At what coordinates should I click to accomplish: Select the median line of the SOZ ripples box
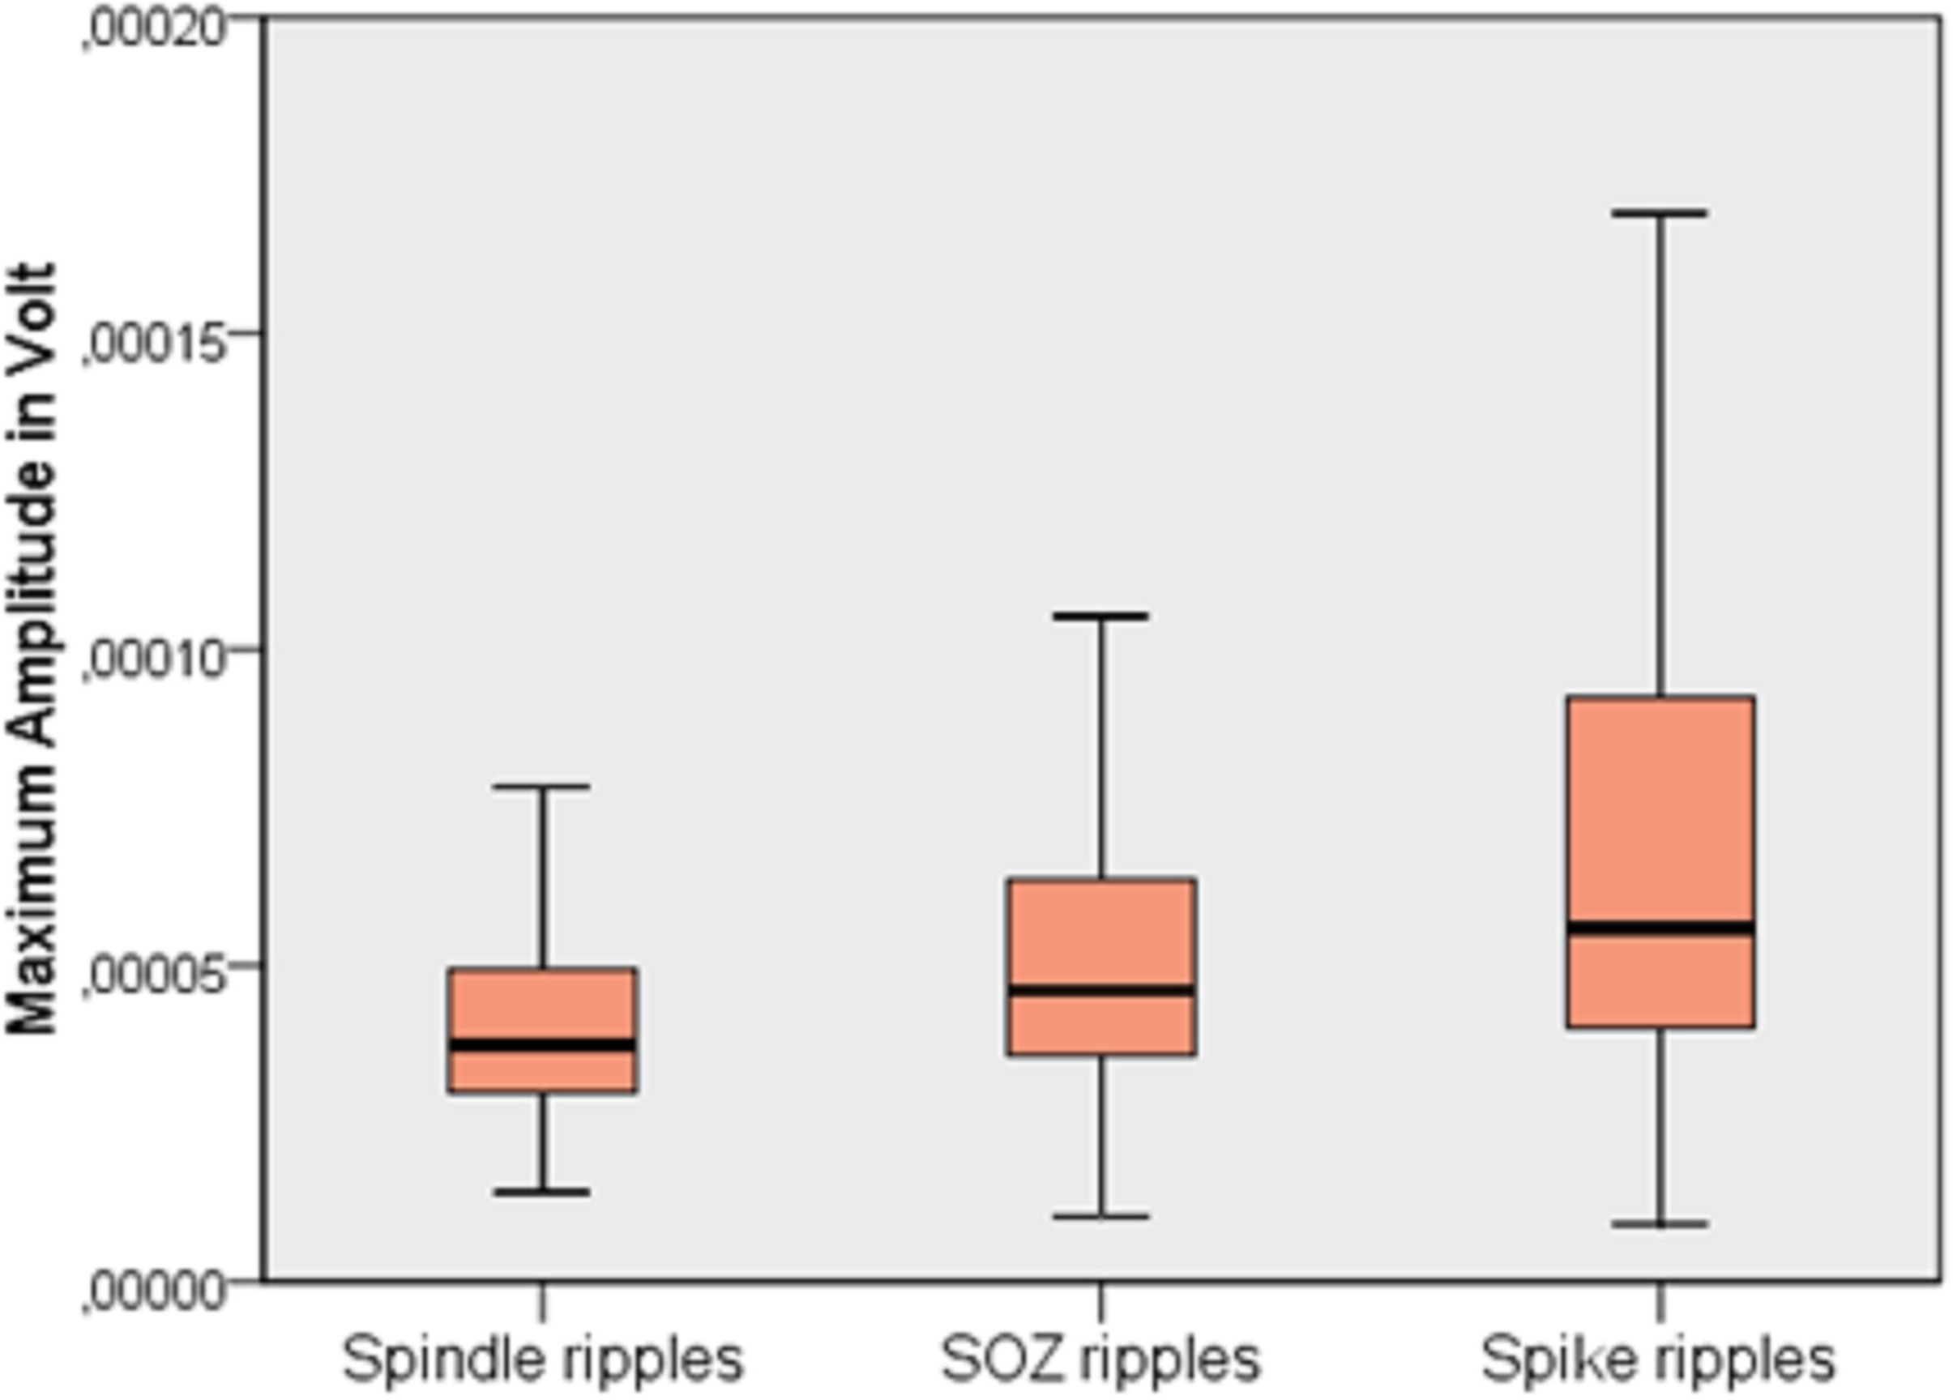click(1100, 990)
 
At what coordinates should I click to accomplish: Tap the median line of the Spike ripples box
click(1660, 928)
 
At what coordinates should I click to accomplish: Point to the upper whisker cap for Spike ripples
click(1660, 212)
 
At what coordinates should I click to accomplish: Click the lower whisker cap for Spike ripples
click(1660, 1223)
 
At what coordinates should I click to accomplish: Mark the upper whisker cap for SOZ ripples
click(1100, 617)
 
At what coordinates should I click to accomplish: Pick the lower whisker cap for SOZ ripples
click(1100, 1217)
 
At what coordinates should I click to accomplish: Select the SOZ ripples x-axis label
click(1100, 1359)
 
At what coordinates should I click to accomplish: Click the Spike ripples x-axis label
click(1659, 1359)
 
